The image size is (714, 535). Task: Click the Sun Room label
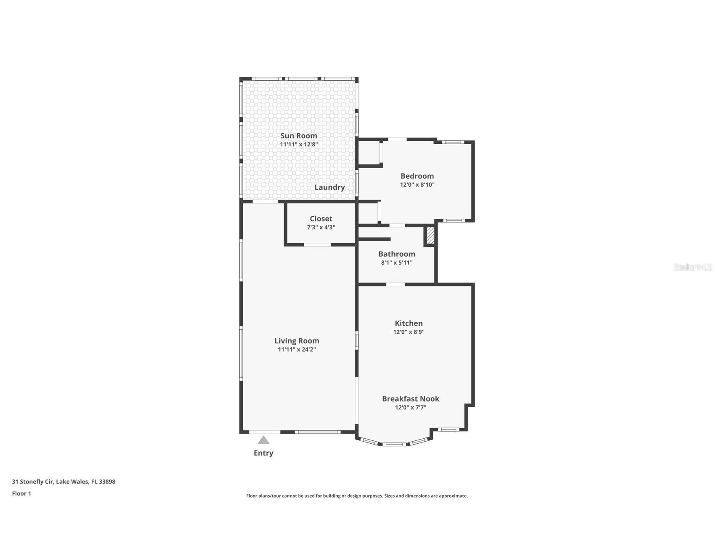(x=299, y=135)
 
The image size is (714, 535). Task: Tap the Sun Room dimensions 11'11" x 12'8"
(x=299, y=144)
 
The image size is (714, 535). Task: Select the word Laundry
(x=329, y=187)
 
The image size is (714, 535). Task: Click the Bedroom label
(x=417, y=176)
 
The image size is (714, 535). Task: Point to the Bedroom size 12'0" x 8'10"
(x=417, y=185)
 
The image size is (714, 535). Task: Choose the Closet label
(x=321, y=218)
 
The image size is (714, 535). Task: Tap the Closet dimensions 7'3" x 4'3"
(x=321, y=227)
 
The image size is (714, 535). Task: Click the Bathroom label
(x=397, y=254)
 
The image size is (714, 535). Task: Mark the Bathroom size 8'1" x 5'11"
(x=397, y=262)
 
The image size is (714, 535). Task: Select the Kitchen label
(x=409, y=323)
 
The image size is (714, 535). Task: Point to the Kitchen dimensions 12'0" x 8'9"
(x=409, y=332)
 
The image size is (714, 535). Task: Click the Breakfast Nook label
(x=411, y=398)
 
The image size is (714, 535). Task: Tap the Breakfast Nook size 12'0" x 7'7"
(x=411, y=407)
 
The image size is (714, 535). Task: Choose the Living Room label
(x=297, y=341)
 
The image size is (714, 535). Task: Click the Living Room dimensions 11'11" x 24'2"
(x=297, y=350)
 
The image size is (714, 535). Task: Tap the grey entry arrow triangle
(x=263, y=440)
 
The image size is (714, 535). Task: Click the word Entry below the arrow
(x=263, y=453)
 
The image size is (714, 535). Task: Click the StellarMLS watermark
(x=693, y=267)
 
